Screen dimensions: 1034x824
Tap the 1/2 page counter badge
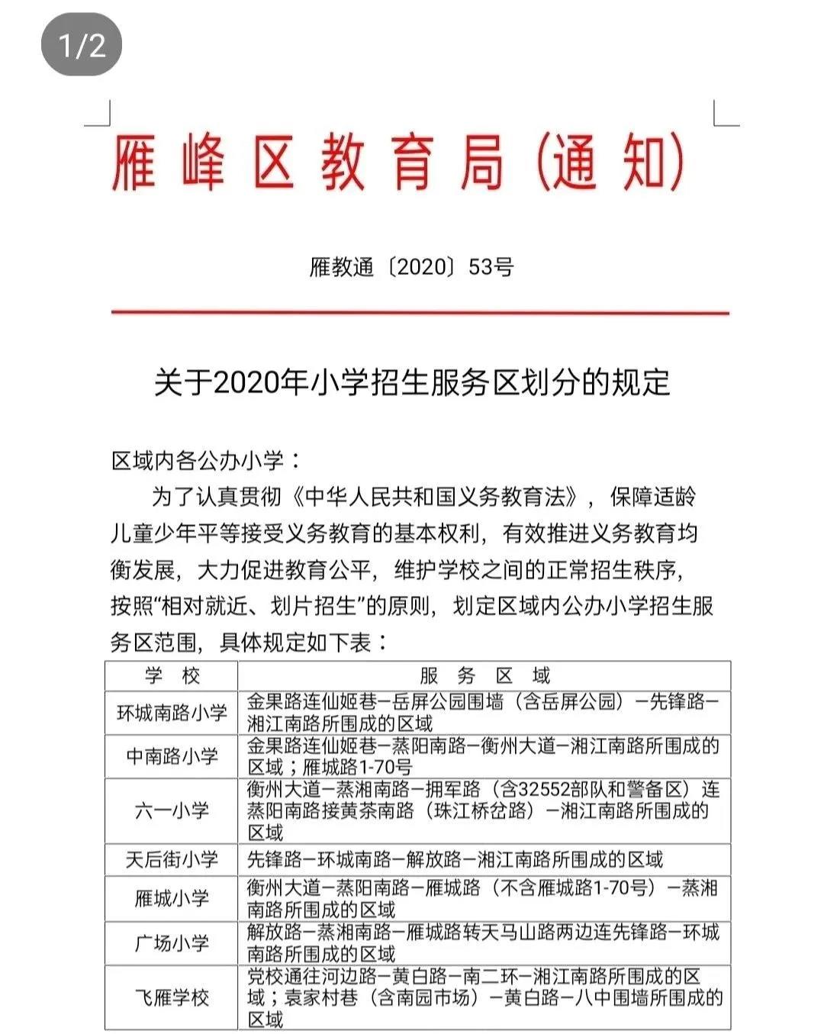tap(82, 46)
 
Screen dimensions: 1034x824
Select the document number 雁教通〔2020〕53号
tap(411, 267)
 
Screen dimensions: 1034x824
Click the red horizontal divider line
tap(420, 312)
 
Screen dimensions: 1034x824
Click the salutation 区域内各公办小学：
tap(207, 460)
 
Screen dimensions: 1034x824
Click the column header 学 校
tap(172, 676)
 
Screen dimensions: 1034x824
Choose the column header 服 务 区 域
tap(484, 676)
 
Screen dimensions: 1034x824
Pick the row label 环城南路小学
tap(172, 713)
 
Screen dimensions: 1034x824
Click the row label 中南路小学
tap(172, 756)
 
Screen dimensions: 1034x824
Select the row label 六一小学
tap(172, 810)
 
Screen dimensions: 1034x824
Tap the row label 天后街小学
tap(172, 860)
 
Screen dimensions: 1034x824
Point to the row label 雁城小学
tap(172, 898)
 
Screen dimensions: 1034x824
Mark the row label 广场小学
tap(172, 943)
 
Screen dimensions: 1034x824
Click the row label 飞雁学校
tap(172, 997)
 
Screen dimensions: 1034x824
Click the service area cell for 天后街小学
tap(455, 860)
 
